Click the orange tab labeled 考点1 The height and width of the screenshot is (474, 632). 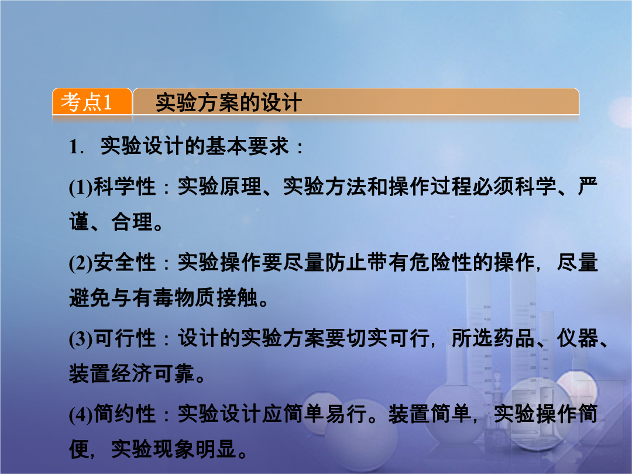(92, 102)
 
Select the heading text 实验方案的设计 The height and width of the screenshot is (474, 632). (229, 102)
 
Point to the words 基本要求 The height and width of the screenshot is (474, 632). (248, 146)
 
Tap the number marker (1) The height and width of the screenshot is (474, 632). (81, 187)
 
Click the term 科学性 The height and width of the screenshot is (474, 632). (125, 187)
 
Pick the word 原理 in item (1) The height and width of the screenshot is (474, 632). (241, 187)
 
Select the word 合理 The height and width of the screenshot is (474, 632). (132, 222)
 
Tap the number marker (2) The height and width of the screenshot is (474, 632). (81, 263)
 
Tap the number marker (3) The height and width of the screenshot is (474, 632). (81, 339)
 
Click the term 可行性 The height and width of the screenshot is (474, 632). (125, 338)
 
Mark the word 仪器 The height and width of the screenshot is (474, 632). (578, 338)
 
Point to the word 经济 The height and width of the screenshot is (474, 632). (132, 373)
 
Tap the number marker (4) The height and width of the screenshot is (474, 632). (81, 414)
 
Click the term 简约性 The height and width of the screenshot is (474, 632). (125, 414)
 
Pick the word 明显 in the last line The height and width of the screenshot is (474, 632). (216, 449)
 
